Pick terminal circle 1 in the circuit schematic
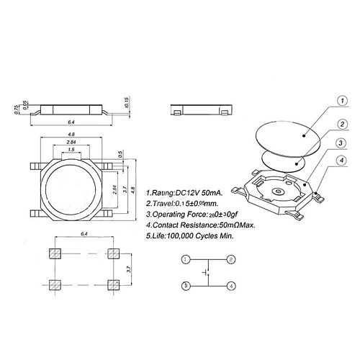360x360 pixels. [x=186, y=259]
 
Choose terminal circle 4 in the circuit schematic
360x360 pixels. [x=231, y=285]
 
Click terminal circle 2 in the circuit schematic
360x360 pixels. [x=231, y=259]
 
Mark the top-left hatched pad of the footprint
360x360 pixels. [x=55, y=253]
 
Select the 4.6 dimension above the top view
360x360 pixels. [x=71, y=135]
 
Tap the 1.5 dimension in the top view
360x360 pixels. [x=71, y=150]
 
